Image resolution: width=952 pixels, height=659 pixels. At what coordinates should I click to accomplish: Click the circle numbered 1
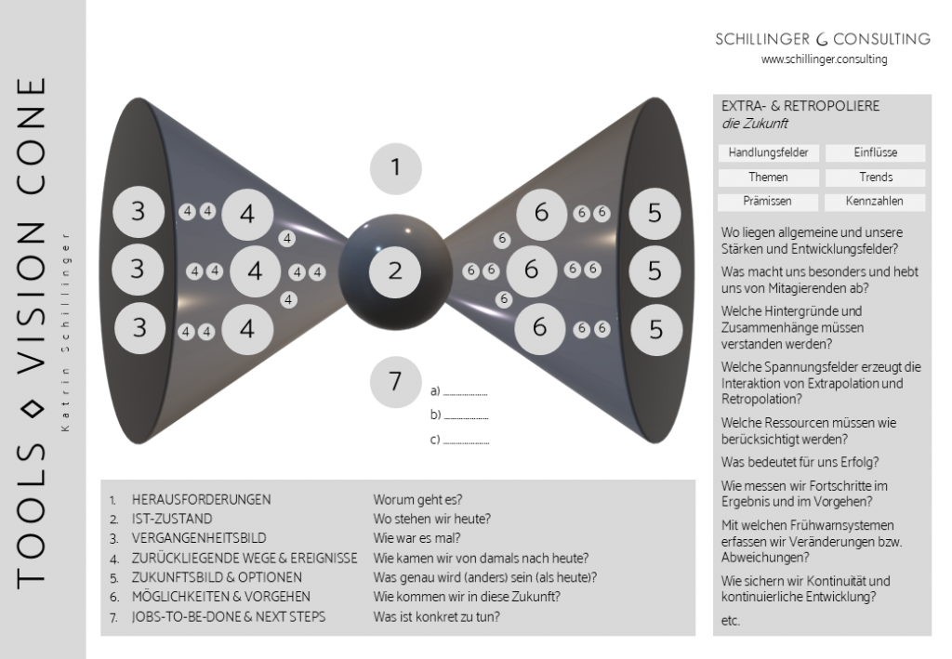coord(395,168)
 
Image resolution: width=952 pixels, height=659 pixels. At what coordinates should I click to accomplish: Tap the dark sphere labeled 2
coord(395,271)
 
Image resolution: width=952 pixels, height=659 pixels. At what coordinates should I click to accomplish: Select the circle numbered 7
coord(395,382)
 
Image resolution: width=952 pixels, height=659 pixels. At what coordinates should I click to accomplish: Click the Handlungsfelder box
coord(768,152)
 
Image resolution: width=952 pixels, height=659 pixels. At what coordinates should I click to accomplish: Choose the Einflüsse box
coord(875,152)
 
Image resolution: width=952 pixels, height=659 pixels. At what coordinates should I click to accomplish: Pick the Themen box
coord(768,177)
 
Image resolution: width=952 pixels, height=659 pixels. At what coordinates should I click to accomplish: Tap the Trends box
coord(875,177)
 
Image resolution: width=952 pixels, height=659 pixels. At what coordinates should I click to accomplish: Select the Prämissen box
coord(768,201)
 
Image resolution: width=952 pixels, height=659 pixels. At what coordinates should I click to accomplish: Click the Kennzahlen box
coord(875,201)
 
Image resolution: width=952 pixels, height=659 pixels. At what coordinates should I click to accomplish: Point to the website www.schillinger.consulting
coord(824,59)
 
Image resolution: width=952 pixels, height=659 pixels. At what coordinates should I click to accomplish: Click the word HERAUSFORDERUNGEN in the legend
coord(201,499)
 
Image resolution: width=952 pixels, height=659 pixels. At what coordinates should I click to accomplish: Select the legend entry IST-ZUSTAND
coord(172,519)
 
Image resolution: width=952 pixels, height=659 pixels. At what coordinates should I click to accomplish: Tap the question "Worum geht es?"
coord(417,499)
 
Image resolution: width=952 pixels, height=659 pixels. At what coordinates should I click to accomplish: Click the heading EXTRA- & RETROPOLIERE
coord(800,106)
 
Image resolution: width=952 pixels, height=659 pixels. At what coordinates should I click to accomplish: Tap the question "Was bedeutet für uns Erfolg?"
coord(800,462)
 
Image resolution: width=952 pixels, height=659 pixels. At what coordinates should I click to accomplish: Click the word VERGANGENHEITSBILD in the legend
coord(198,538)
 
